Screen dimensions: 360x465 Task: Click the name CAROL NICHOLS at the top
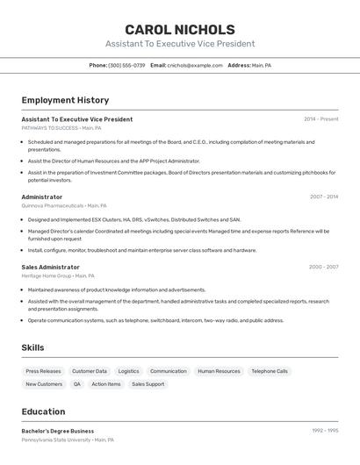point(179,30)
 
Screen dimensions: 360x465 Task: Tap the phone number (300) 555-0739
point(126,65)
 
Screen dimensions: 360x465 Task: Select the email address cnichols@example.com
point(195,65)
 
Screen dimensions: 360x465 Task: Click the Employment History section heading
point(65,100)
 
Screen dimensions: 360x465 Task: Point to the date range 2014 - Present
point(320,118)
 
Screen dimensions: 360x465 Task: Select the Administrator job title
point(42,197)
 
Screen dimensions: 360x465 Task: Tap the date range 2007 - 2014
point(323,197)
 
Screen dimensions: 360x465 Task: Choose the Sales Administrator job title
point(50,267)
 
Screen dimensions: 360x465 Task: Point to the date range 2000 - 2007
point(323,267)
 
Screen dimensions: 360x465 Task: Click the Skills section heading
point(32,347)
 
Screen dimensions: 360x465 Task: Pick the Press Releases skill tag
point(43,371)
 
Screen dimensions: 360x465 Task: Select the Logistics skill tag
point(128,371)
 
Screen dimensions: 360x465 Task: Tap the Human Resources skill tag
point(219,371)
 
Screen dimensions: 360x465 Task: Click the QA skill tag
point(76,384)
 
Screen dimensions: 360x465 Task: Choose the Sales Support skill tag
point(148,384)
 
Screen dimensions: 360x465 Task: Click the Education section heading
point(43,411)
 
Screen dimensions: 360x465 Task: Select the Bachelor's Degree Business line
point(57,431)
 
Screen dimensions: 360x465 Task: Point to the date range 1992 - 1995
point(324,431)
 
